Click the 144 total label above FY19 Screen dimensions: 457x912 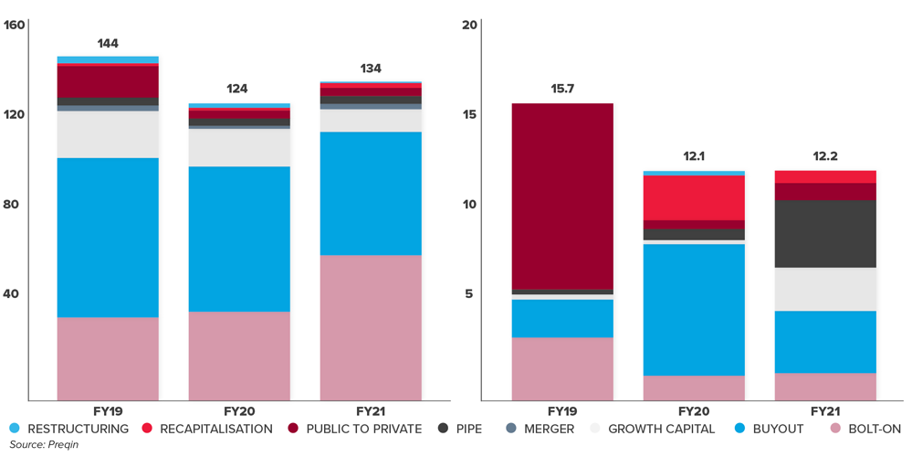click(x=108, y=44)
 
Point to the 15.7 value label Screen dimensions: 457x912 click(x=562, y=89)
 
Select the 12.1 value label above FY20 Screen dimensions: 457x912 click(x=694, y=156)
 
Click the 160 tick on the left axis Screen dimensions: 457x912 click(x=15, y=25)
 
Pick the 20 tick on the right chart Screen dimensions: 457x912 click(x=470, y=25)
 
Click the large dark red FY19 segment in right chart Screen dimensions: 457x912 click(x=562, y=197)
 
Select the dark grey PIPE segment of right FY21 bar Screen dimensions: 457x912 click(x=825, y=234)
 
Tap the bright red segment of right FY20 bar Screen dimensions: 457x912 click(x=694, y=197)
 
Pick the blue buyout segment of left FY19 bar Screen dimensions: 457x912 click(x=108, y=238)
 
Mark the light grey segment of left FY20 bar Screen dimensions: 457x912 click(x=239, y=148)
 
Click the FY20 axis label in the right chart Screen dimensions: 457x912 click(x=694, y=411)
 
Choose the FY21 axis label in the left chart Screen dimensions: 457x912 click(x=371, y=411)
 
